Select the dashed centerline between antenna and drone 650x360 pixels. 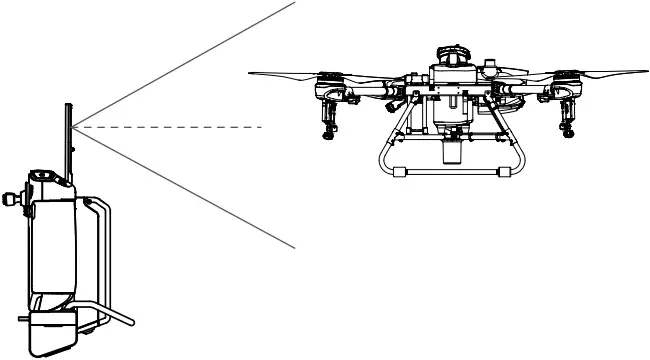(170, 128)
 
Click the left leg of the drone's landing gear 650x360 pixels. (385, 150)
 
